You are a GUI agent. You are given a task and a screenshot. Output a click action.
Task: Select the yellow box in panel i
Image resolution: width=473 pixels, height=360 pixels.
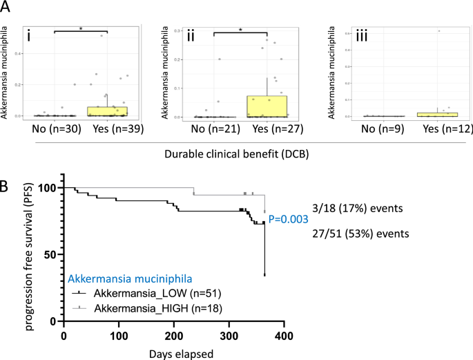point(108,111)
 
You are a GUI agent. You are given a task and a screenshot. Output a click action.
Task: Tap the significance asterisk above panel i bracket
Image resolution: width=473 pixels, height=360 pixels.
point(81,28)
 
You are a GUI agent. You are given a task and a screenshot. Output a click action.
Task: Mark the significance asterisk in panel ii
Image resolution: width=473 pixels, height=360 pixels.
point(240,28)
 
